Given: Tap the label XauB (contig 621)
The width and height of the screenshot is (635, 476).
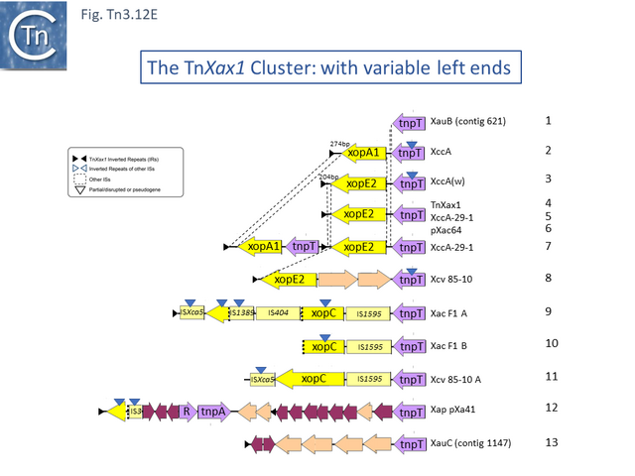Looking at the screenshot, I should pyautogui.click(x=468, y=122).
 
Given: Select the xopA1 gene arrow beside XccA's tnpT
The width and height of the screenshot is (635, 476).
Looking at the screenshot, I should pyautogui.click(x=363, y=154).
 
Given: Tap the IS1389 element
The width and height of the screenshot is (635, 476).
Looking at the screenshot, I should pyautogui.click(x=242, y=313).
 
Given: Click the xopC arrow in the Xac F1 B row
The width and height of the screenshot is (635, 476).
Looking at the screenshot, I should pyautogui.click(x=324, y=347).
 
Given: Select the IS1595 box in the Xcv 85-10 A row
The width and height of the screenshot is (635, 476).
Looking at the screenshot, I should pyautogui.click(x=369, y=379).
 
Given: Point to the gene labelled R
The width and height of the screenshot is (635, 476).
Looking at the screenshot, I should pyautogui.click(x=185, y=412).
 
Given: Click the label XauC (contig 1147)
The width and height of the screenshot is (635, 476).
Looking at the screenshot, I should pyautogui.click(x=470, y=442).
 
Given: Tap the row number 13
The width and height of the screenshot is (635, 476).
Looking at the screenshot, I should pyautogui.click(x=553, y=441).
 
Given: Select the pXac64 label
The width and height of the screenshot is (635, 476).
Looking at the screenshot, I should pyautogui.click(x=447, y=230).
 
